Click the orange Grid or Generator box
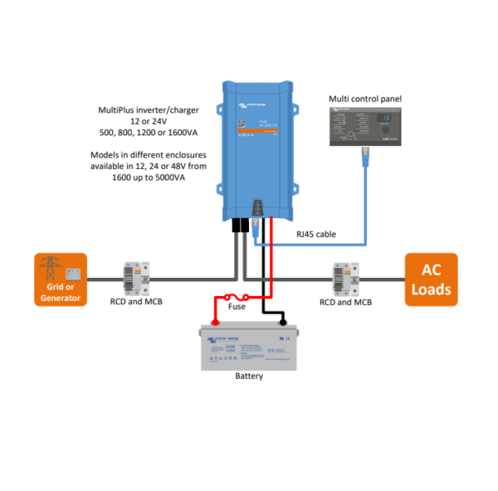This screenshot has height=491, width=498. point(61,280)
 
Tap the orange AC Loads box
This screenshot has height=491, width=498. point(431,280)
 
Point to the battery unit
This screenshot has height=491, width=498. point(249,347)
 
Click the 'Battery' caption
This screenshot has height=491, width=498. point(249,377)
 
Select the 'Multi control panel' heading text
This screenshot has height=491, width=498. point(365,99)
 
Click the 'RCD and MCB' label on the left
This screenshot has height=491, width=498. point(136,302)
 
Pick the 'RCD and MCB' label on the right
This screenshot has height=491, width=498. point(345,302)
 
